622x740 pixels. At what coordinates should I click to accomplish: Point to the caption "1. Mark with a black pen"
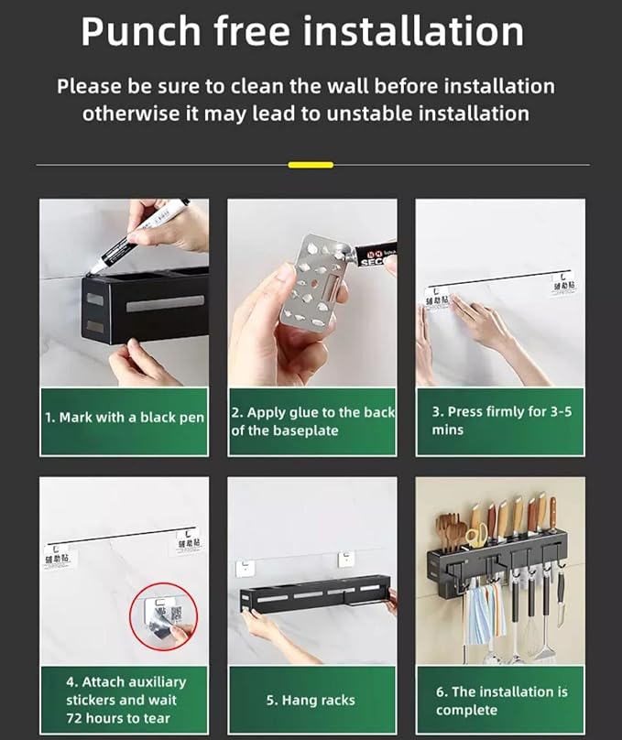click(125, 418)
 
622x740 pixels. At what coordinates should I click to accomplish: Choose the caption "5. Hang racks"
click(311, 700)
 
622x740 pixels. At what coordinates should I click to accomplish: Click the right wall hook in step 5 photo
click(346, 559)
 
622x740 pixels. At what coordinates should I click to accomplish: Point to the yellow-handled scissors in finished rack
click(475, 537)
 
